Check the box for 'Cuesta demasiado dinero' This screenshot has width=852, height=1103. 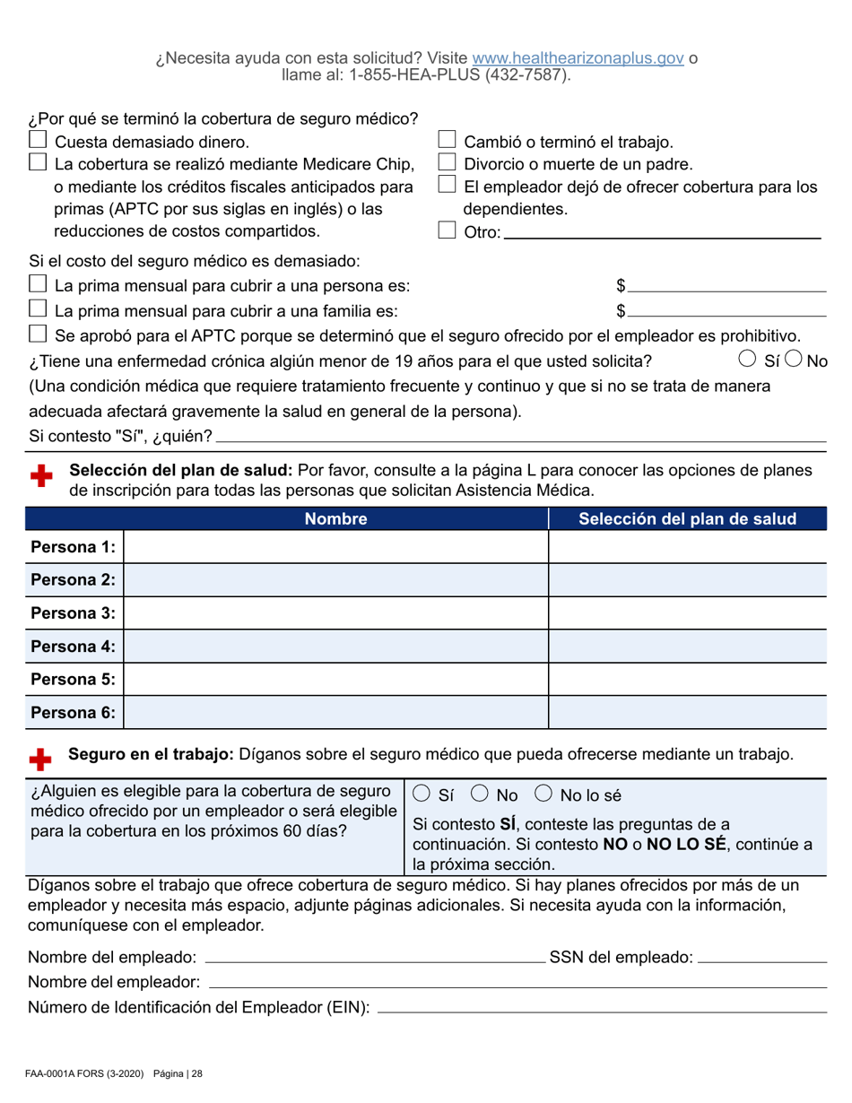[x=38, y=140]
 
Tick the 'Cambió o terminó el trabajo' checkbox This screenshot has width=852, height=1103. [x=447, y=140]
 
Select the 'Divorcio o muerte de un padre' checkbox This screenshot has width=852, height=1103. [x=447, y=162]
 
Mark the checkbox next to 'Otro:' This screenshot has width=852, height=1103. [x=447, y=231]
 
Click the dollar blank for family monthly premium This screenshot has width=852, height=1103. [x=726, y=310]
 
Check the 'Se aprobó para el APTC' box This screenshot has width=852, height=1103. [x=38, y=334]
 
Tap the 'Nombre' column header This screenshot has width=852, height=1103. [x=336, y=518]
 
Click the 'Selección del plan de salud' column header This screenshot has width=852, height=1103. [x=687, y=518]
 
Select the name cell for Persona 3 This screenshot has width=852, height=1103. [x=336, y=613]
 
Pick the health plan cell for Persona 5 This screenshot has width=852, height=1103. [x=687, y=679]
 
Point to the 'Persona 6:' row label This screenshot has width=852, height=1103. [x=74, y=712]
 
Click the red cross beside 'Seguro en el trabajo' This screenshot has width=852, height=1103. [x=40, y=760]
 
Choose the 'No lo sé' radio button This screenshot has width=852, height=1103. [x=543, y=795]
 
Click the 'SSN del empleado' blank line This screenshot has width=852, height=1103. [x=761, y=958]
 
